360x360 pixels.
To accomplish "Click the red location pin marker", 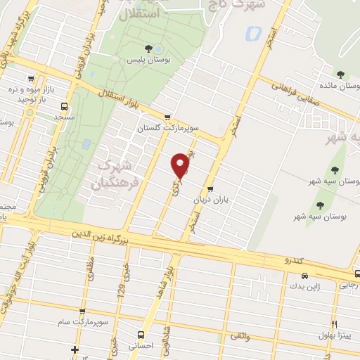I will click(x=181, y=165).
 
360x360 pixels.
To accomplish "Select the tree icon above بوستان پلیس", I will click(x=148, y=48).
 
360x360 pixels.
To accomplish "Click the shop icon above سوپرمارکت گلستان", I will click(x=167, y=117).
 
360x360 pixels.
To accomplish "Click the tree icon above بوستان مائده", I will click(x=340, y=74).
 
